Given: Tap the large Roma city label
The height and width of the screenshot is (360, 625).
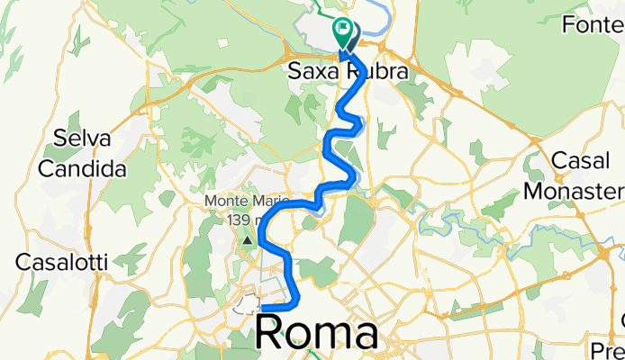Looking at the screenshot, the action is [316, 333].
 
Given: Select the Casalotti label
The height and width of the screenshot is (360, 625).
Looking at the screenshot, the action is [61, 263].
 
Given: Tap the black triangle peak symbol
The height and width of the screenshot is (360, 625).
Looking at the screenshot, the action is [247, 240].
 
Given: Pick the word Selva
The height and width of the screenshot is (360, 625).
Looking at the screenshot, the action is [81, 139].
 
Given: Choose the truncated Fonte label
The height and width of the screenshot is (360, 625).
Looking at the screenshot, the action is [592, 24].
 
